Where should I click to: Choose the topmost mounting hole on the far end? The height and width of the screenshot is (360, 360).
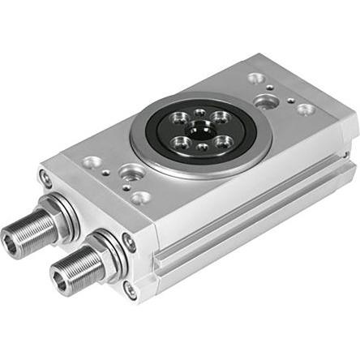pyautogui.click(x=256, y=79)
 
